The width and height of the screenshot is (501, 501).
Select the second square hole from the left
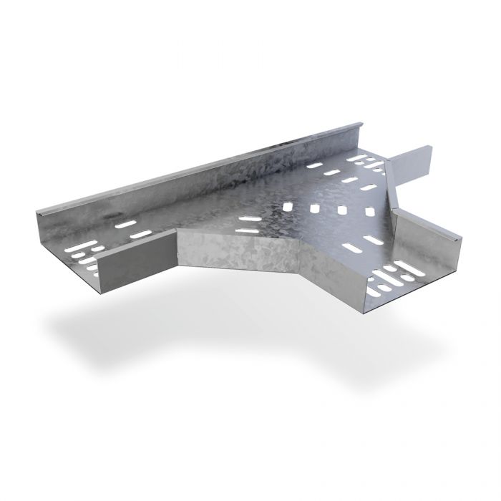coord(316,209)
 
